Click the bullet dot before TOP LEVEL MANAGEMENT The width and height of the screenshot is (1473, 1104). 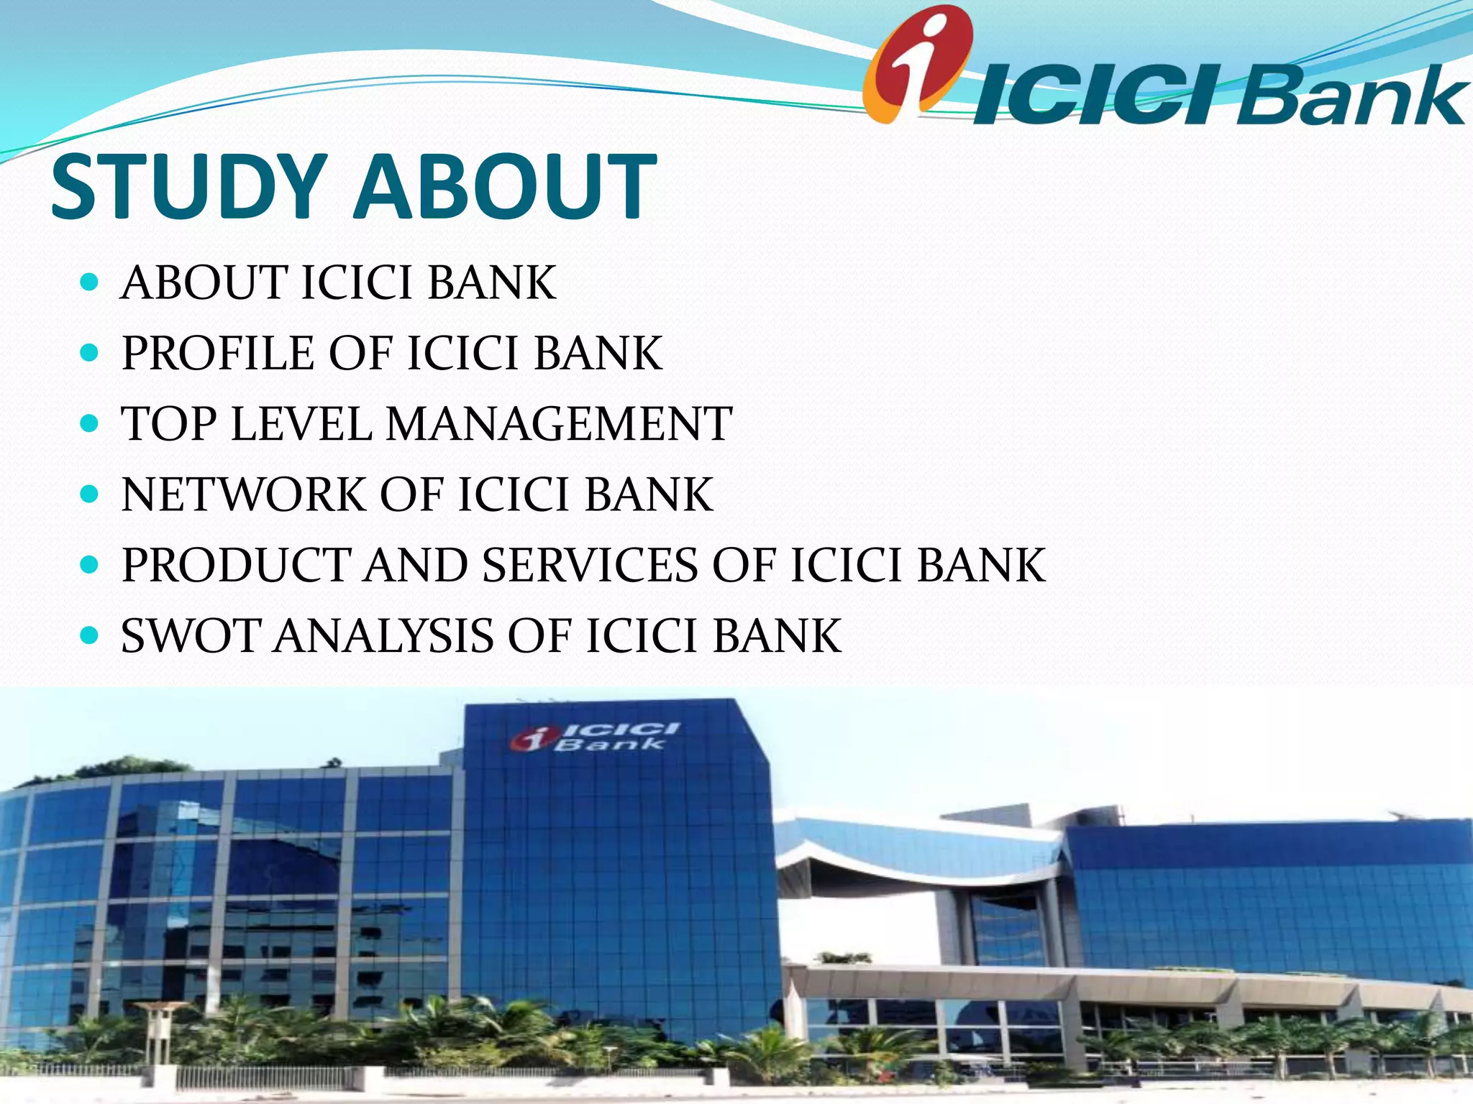[90, 424]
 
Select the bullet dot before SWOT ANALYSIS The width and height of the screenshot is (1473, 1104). [90, 636]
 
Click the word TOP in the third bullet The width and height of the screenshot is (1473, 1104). [169, 423]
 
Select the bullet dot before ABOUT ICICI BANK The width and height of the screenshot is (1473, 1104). [90, 282]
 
